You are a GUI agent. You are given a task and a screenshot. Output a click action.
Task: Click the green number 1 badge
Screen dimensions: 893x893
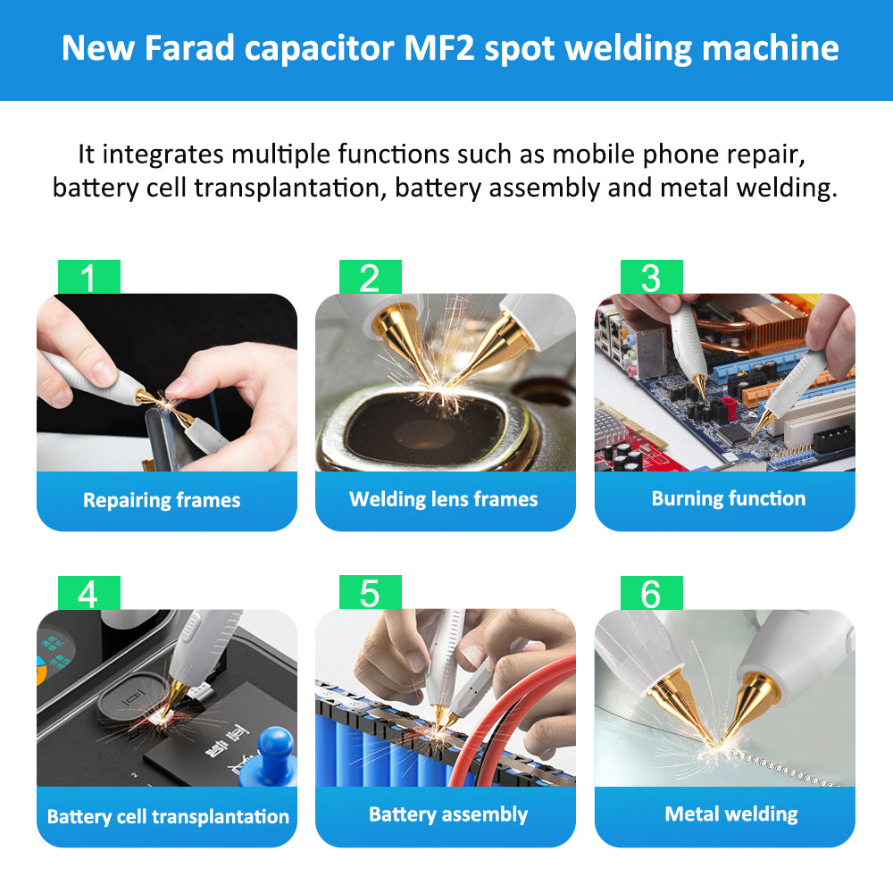(x=88, y=278)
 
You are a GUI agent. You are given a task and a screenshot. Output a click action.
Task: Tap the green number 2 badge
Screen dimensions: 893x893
(x=370, y=278)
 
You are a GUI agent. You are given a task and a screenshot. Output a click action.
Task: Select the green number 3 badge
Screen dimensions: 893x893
(x=651, y=278)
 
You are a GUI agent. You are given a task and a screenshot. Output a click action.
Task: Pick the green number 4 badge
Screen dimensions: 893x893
(x=88, y=593)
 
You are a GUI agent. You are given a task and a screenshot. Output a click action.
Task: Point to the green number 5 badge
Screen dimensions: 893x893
(x=370, y=593)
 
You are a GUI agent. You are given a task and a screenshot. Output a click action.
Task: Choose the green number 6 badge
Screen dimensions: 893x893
(x=651, y=593)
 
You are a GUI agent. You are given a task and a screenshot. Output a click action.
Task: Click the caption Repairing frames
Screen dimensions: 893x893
(x=162, y=500)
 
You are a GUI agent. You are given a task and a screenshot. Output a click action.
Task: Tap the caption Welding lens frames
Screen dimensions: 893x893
(x=444, y=499)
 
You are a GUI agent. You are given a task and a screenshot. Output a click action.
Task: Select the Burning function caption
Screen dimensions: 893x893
(x=728, y=498)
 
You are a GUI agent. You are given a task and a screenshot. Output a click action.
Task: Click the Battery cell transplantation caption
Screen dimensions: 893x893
(x=168, y=816)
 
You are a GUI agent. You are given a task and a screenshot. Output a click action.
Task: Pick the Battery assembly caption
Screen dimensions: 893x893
(x=448, y=814)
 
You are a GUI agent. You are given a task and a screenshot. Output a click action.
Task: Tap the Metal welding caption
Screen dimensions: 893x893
(x=730, y=814)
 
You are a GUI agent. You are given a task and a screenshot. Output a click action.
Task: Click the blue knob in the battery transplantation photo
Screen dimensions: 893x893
(x=274, y=747)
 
